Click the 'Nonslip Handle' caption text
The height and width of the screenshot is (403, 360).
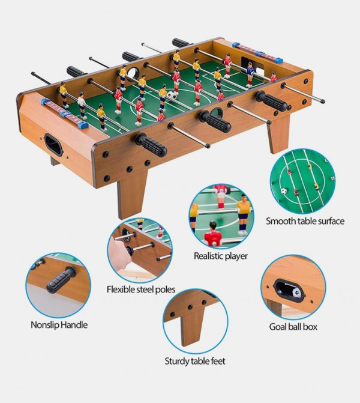tap(59, 325)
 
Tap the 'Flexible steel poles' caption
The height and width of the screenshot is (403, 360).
tap(141, 289)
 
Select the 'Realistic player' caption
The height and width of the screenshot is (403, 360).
tap(220, 256)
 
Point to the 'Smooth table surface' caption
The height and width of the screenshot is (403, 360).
tap(305, 221)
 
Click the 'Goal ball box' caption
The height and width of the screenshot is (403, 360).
tap(293, 327)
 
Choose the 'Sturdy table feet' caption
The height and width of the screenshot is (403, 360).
tap(195, 361)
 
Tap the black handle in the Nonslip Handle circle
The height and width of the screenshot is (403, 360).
tap(61, 280)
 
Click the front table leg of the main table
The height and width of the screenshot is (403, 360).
tap(132, 192)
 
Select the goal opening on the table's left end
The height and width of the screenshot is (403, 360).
tap(53, 144)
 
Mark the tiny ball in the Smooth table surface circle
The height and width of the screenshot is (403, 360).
tap(284, 191)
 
